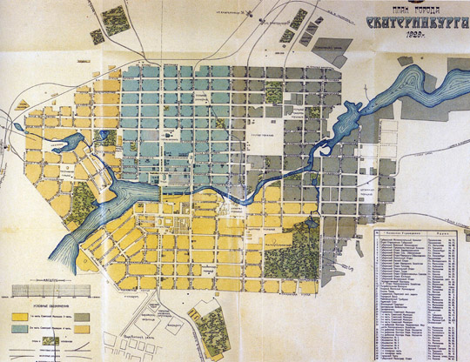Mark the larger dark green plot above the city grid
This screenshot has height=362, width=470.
[113, 18]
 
